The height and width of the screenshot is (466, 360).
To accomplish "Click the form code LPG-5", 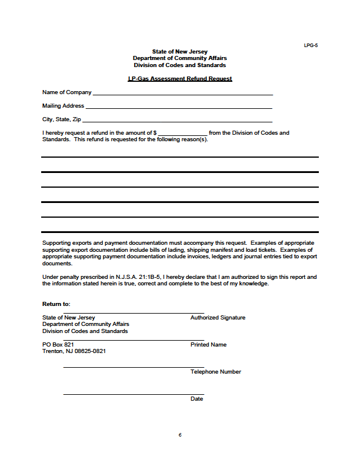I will click(x=311, y=45).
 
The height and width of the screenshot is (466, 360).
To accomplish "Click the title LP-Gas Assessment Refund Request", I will click(x=180, y=79).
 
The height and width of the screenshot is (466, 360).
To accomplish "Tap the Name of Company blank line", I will click(x=182, y=94).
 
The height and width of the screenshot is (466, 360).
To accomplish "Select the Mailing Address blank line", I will click(x=179, y=108).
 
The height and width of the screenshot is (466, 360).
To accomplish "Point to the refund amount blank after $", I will click(x=182, y=135).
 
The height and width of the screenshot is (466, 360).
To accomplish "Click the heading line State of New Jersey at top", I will click(x=180, y=52).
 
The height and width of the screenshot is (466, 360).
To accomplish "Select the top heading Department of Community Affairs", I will click(x=180, y=58).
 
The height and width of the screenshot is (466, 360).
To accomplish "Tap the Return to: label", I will click(x=56, y=304).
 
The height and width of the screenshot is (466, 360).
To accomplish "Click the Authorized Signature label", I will click(x=218, y=318).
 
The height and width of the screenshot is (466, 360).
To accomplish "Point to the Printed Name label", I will click(x=208, y=345).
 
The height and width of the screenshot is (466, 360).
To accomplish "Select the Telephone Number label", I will click(x=216, y=372).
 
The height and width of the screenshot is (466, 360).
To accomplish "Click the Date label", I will click(x=196, y=399).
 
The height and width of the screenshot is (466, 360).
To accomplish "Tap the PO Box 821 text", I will click(x=58, y=344).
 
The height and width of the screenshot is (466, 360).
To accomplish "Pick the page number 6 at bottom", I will click(x=180, y=435).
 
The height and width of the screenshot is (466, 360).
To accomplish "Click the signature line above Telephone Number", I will click(x=134, y=368).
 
